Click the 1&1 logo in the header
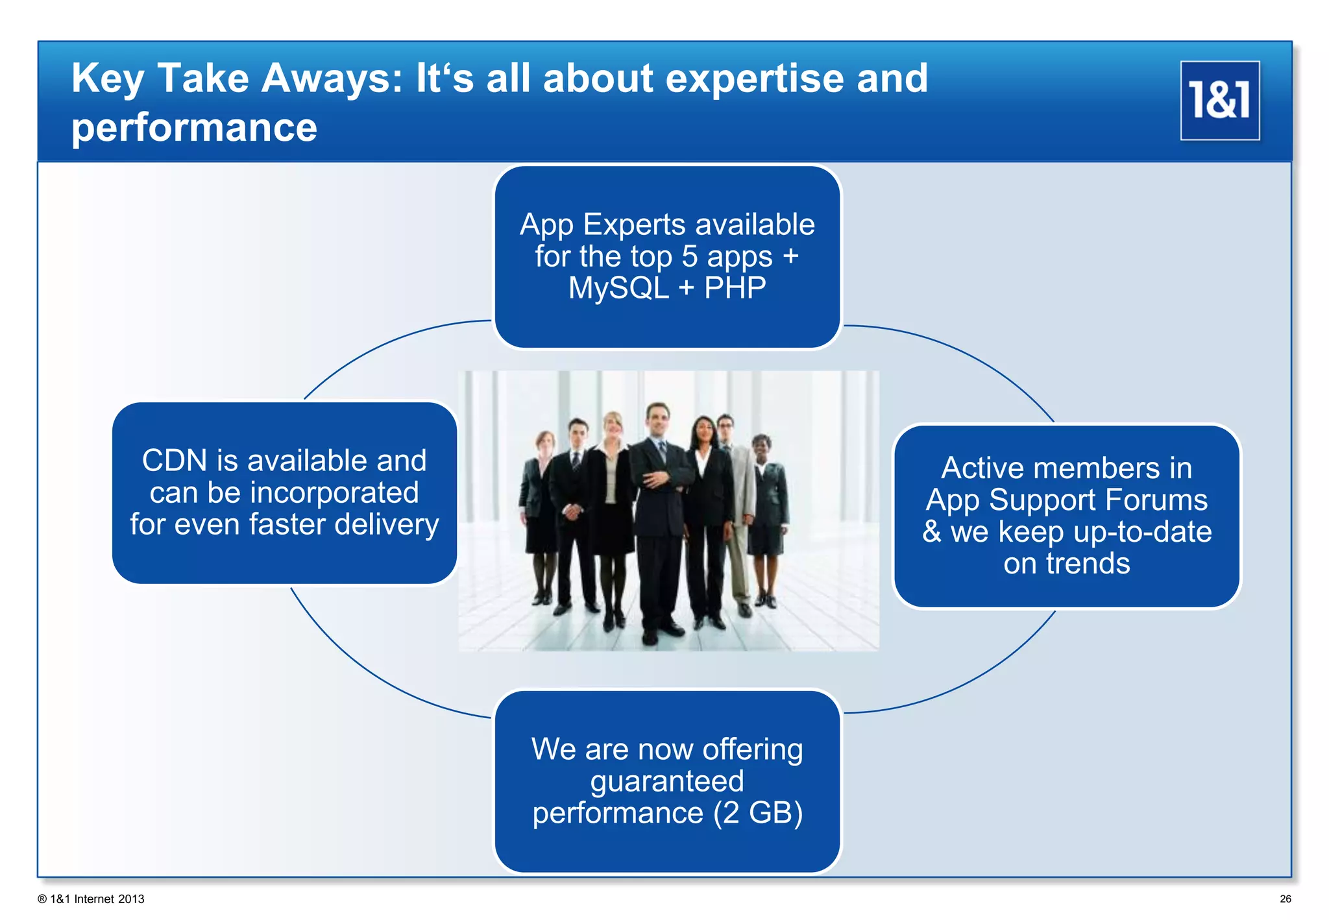click(1219, 101)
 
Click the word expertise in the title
click(754, 79)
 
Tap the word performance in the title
click(194, 127)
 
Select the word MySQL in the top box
click(618, 287)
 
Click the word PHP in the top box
click(735, 287)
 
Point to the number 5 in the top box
click(689, 256)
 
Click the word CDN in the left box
click(174, 461)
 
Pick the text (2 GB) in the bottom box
click(757, 813)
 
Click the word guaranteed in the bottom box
click(666, 781)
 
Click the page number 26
click(1285, 899)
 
